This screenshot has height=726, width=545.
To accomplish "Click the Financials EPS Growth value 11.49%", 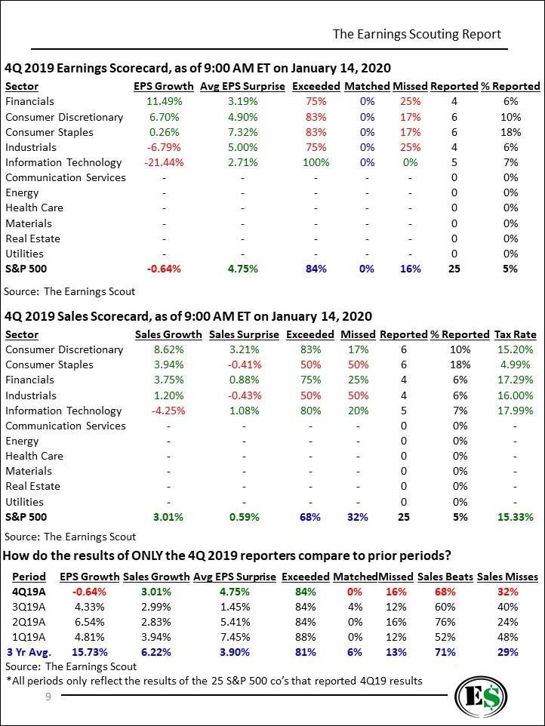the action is pyautogui.click(x=164, y=101).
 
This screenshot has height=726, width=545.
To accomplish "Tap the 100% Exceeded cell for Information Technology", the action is pyautogui.click(x=316, y=162).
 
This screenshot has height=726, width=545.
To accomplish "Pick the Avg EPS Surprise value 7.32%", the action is pyautogui.click(x=242, y=132).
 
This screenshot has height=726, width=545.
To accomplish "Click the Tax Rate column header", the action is pyautogui.click(x=516, y=334).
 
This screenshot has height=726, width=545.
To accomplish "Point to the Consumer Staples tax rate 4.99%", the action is pyautogui.click(x=516, y=365).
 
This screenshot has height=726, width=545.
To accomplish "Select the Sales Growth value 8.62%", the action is pyautogui.click(x=168, y=349).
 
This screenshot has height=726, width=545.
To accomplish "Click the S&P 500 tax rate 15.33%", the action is pyautogui.click(x=516, y=517).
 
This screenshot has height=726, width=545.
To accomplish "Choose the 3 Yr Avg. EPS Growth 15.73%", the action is pyautogui.click(x=90, y=652).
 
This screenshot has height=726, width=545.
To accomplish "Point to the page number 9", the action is pyautogui.click(x=48, y=697).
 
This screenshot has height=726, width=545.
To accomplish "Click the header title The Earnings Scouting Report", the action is pyautogui.click(x=417, y=34).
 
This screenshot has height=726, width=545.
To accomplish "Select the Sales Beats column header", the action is pyautogui.click(x=445, y=577).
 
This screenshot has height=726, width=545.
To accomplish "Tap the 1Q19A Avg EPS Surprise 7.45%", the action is pyautogui.click(x=235, y=637).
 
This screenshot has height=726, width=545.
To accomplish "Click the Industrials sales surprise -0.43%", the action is pyautogui.click(x=244, y=395).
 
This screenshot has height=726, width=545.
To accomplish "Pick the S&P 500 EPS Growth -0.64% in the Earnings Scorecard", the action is pyautogui.click(x=164, y=269).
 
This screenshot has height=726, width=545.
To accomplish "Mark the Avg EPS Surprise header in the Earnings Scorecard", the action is pyautogui.click(x=242, y=86).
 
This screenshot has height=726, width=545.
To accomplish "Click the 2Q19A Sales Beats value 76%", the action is pyautogui.click(x=445, y=622).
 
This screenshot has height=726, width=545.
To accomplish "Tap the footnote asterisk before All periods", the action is pyautogui.click(x=9, y=679).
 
